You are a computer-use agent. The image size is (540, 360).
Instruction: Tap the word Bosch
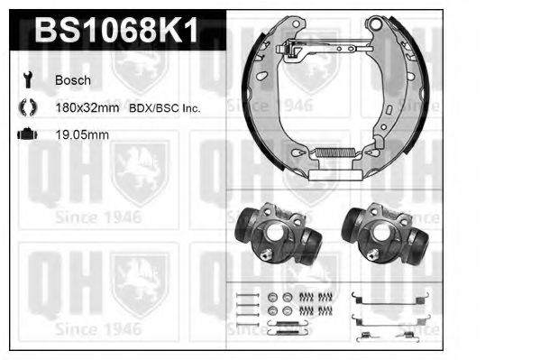coord(73,80)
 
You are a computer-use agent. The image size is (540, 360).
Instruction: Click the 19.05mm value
coord(82,135)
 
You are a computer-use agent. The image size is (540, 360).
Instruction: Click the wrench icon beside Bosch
coord(26,80)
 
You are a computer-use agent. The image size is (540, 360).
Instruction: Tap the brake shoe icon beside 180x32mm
coord(26,107)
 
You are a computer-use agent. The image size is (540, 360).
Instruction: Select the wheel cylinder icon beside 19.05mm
coord(26,135)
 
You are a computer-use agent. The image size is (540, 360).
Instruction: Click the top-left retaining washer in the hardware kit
coord(271,297)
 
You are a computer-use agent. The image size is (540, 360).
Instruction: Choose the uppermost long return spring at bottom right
coord(387,297)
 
